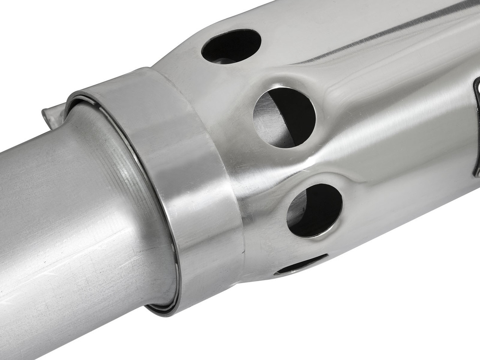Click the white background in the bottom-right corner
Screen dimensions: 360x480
pos(431,330)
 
